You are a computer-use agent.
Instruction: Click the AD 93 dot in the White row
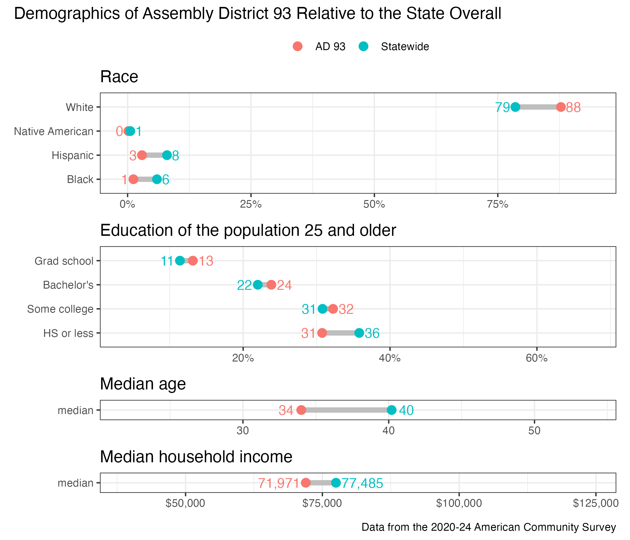[561, 107]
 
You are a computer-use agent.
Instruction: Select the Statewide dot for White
[515, 107]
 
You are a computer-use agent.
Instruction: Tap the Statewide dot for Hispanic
[167, 155]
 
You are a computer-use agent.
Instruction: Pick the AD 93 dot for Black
[133, 179]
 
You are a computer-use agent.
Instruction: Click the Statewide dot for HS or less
[359, 333]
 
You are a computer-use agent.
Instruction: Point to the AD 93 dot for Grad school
[193, 261]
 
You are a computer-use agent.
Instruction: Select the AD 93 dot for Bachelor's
[271, 285]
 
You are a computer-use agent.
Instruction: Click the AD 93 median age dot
[301, 410]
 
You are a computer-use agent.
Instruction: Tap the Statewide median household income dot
[336, 482]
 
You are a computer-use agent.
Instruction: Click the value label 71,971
[279, 483]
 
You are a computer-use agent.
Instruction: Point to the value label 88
[573, 108]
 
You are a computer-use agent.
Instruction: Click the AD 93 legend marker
[298, 46]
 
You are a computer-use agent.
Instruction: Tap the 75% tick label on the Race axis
[497, 205]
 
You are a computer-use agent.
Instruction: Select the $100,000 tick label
[459, 503]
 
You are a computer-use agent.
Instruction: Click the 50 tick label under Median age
[534, 431]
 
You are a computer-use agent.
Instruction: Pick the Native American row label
[54, 131]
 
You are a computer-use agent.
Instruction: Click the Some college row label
[60, 309]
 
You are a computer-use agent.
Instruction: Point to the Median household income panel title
[196, 457]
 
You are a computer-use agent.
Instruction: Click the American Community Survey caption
[489, 527]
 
